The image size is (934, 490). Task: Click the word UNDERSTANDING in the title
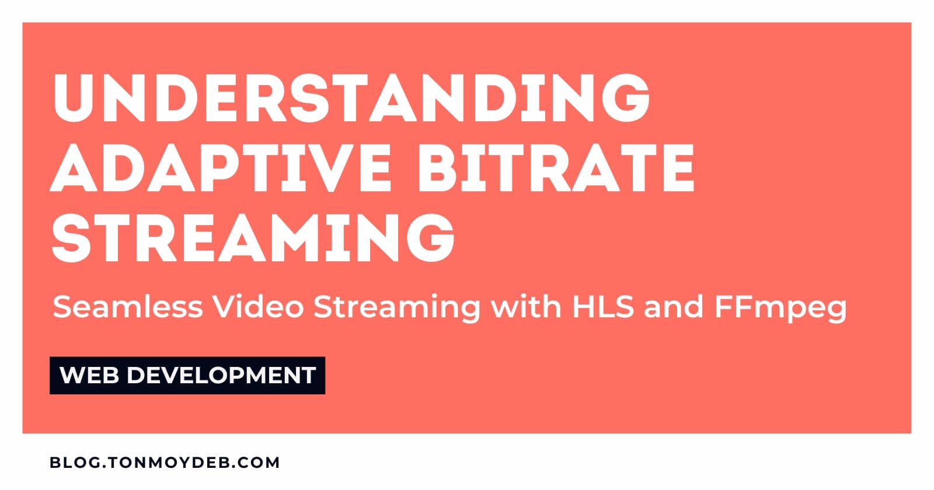pos(351,98)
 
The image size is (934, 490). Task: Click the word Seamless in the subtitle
pos(128,307)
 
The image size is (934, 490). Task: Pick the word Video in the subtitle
pos(259,307)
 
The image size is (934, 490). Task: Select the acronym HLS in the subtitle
pos(603,307)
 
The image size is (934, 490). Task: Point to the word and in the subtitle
pos(674,307)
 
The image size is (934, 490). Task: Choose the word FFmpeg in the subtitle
pos(780,309)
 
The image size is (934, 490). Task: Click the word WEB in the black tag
pos(89,375)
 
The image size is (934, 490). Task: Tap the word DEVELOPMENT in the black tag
pos(221,375)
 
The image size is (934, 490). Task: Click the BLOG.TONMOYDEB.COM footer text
pos(165,463)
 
